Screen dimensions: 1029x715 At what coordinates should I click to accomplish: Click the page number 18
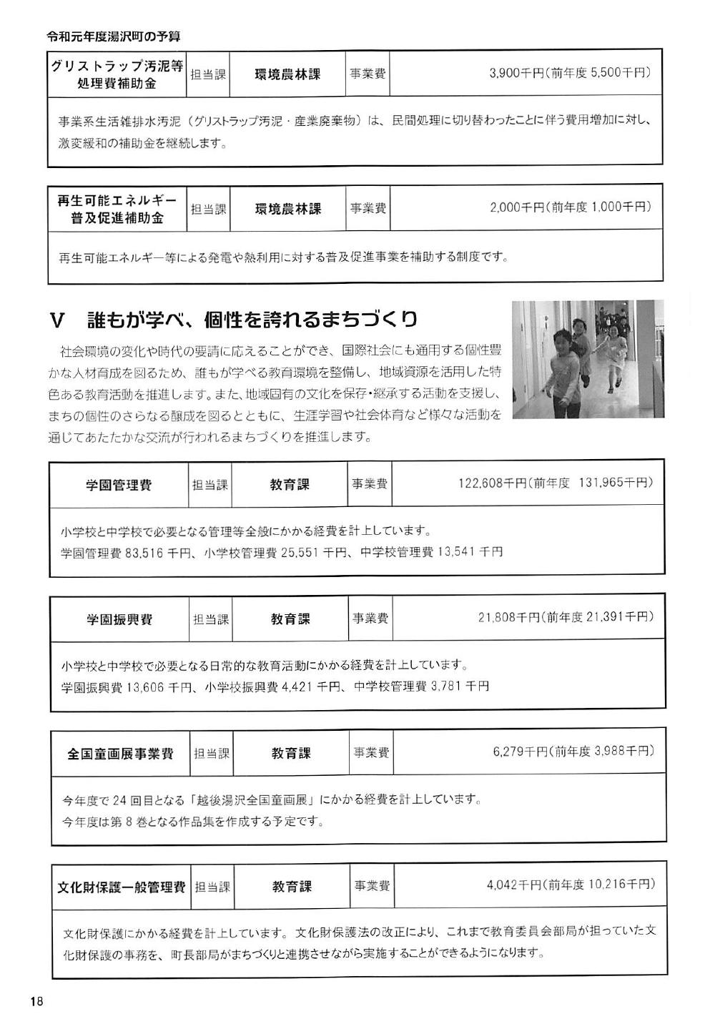point(37,1001)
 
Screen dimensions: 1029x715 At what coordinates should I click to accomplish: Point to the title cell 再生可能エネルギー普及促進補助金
point(117,209)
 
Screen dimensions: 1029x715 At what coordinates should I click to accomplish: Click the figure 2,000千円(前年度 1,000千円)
point(571,207)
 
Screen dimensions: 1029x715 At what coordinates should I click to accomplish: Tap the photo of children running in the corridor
point(588,359)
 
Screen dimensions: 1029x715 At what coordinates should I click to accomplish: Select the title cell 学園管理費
point(119,485)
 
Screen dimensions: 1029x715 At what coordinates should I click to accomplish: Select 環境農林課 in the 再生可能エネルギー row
point(288,209)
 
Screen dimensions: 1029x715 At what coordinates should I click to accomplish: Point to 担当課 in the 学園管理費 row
point(210,485)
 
